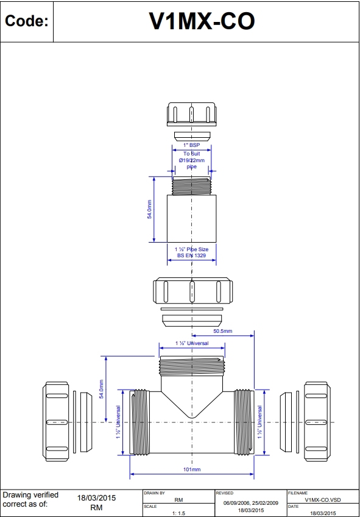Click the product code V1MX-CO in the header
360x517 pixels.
click(202, 22)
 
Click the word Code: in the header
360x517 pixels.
click(26, 22)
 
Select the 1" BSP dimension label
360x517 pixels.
click(191, 145)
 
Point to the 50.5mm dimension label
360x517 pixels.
click(222, 331)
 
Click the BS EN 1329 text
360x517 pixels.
click(191, 256)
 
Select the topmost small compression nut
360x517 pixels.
click(191, 114)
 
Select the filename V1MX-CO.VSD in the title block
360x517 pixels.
click(321, 499)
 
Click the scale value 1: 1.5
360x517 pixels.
click(178, 513)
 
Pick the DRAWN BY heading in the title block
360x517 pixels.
click(155, 492)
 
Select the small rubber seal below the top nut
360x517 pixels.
click(191, 135)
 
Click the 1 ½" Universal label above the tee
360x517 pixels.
click(191, 344)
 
